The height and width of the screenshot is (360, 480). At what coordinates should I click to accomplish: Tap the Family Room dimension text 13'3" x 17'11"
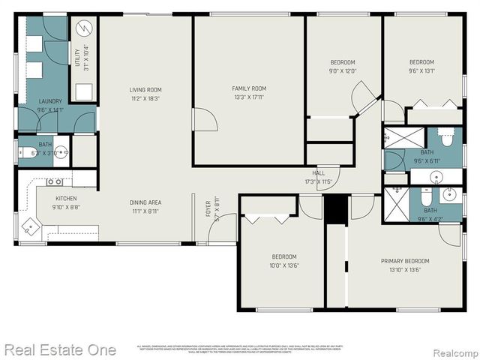(x=248, y=97)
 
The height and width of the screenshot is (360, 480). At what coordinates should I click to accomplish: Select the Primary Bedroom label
(x=405, y=261)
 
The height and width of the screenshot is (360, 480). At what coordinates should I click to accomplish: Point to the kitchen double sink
(x=54, y=181)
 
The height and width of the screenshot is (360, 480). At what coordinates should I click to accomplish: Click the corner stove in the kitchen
(x=30, y=225)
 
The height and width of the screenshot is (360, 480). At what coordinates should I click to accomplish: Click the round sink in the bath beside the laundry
(x=61, y=152)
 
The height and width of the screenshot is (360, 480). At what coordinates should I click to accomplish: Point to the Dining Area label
(x=145, y=202)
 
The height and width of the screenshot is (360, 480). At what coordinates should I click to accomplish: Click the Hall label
(x=319, y=173)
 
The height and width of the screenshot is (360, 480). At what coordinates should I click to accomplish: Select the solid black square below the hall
(x=336, y=208)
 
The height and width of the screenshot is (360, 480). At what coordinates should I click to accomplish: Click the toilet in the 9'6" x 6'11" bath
(x=447, y=138)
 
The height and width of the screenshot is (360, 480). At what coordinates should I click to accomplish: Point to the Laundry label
(x=50, y=101)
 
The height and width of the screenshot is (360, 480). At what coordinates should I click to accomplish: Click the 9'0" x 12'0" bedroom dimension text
(x=343, y=71)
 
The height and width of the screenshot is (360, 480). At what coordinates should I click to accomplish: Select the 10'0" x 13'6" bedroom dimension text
(x=284, y=265)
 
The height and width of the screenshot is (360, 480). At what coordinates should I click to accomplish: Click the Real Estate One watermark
(x=60, y=349)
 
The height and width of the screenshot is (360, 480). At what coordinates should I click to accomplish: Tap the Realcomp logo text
(x=452, y=350)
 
